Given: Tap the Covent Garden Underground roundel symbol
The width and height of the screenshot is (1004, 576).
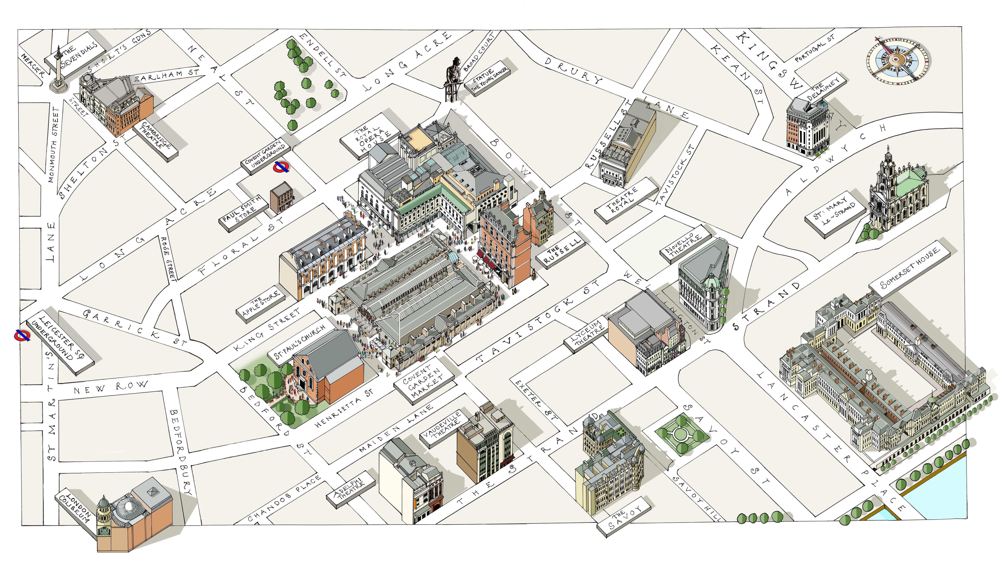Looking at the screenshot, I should click(281, 167).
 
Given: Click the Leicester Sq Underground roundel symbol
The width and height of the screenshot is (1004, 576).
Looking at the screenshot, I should click(22, 335).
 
